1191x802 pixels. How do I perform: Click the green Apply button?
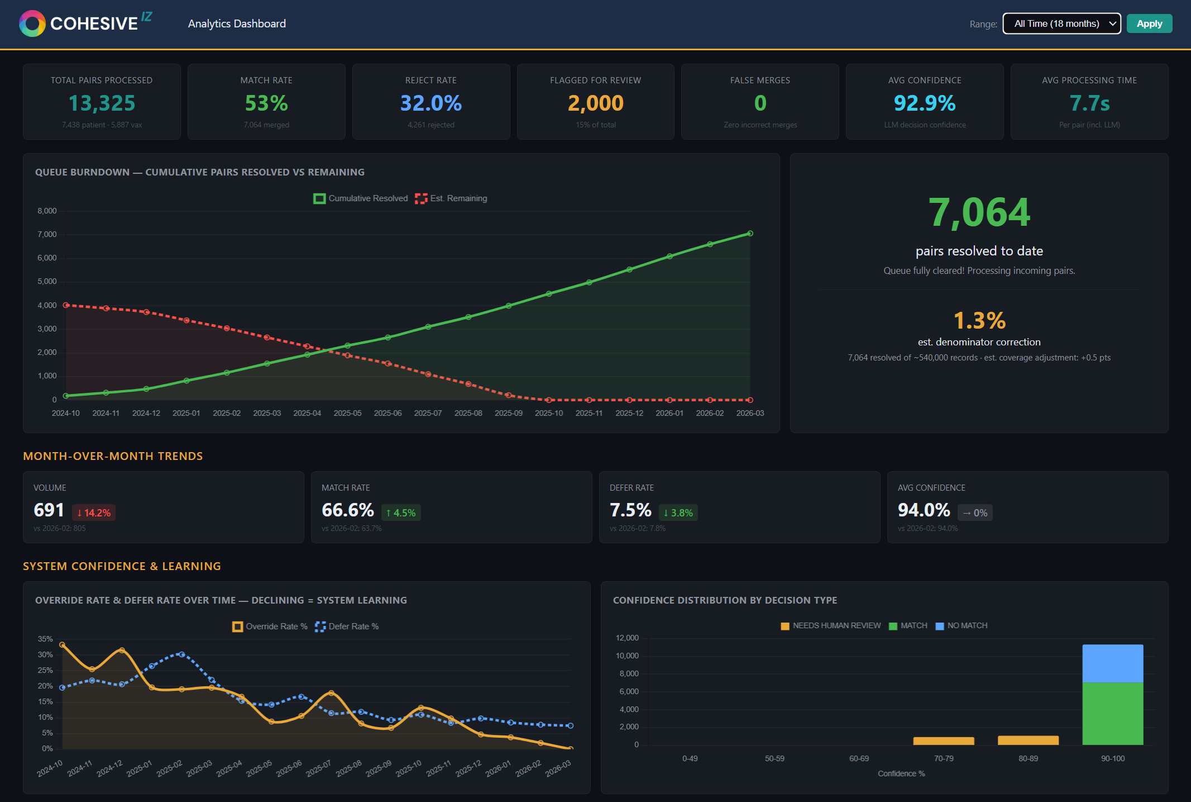coord(1149,23)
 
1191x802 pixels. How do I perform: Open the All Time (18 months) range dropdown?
coord(1061,23)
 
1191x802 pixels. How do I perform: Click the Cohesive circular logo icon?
coord(32,23)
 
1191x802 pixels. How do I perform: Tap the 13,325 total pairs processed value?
coord(102,103)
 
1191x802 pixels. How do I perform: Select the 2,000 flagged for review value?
coord(595,103)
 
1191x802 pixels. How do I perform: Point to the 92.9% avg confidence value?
coord(924,103)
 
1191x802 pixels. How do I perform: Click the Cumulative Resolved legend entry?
coord(361,198)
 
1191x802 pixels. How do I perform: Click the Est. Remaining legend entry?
coord(451,198)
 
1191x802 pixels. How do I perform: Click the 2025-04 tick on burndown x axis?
coord(307,413)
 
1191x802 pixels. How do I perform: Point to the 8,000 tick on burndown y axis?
coord(47,211)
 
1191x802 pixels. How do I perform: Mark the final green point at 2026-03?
coord(750,234)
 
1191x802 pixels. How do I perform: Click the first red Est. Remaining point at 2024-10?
coord(66,305)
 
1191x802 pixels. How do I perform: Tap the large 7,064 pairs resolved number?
coord(979,212)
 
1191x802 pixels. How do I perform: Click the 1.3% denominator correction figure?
coord(979,321)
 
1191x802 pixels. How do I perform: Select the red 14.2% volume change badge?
coord(94,512)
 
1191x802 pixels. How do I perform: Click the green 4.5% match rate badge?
coord(401,512)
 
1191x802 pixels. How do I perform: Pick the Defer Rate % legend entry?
coord(347,627)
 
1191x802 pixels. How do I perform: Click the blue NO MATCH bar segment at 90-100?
coord(1112,663)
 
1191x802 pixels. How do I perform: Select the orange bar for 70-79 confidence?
coord(943,741)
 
